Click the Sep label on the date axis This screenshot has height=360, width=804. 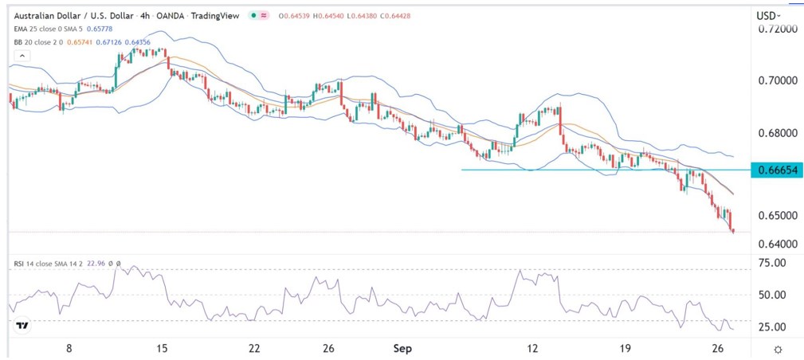403,348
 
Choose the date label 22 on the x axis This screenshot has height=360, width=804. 255,348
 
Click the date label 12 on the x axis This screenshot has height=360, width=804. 532,348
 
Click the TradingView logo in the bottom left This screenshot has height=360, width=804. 22,326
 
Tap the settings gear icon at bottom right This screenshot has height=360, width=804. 777,349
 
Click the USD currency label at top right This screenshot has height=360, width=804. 767,15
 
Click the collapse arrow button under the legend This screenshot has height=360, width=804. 22,55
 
